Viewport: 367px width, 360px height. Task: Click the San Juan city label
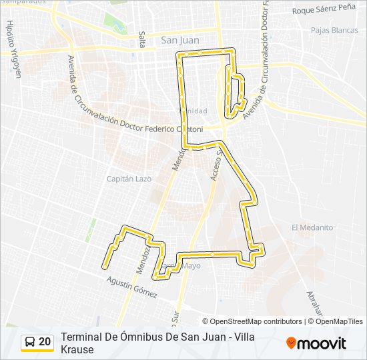(180, 40)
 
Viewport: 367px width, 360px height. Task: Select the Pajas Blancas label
(334, 31)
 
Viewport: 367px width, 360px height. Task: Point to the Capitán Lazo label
(129, 179)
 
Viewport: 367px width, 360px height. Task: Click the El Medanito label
(312, 227)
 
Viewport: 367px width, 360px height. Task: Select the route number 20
(45, 342)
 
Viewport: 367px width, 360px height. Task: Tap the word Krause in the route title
(77, 349)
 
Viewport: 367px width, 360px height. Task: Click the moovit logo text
(323, 343)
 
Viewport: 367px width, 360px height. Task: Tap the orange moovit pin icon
(292, 343)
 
